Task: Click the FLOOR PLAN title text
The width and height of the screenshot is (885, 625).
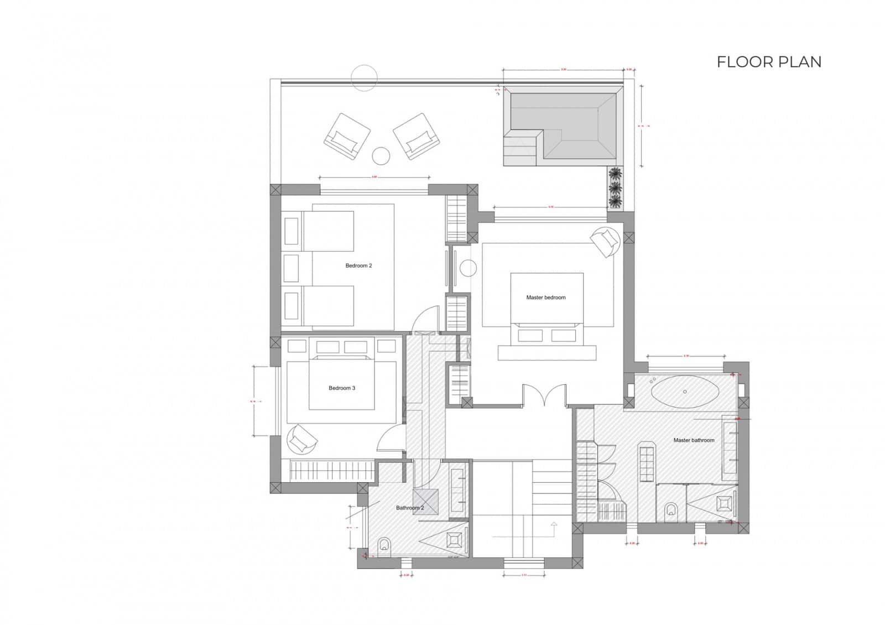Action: point(769,62)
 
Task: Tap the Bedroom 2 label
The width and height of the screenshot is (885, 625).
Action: point(358,266)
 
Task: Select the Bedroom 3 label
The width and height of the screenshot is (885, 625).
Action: point(342,388)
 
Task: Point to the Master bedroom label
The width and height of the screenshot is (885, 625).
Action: point(545,298)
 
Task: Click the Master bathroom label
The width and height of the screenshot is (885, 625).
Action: point(694,440)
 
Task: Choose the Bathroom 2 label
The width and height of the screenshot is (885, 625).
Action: point(410,508)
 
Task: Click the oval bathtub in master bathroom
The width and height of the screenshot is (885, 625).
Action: point(685,392)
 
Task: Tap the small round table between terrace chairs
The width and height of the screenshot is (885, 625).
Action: point(381,156)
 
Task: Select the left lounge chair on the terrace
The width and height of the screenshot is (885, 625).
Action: point(347,137)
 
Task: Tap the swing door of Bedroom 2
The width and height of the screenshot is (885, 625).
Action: point(426,320)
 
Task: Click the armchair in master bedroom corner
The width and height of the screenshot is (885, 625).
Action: point(604,241)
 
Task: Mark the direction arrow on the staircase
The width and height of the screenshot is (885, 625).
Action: point(554,524)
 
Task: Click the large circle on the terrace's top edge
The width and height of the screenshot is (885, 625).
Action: point(364,78)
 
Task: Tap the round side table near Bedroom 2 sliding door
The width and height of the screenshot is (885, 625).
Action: point(468,268)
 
